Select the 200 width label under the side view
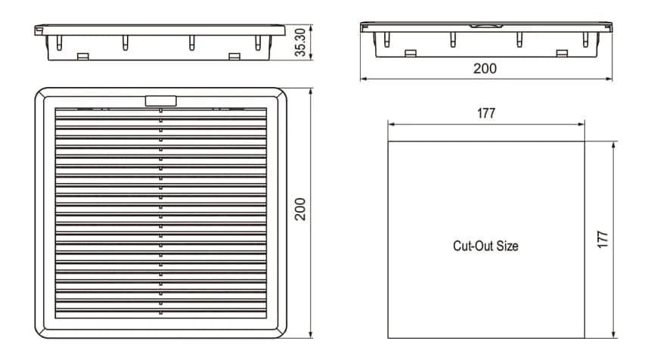coord(485,68)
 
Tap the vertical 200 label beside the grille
coord(300,209)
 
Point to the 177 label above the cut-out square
coord(486,113)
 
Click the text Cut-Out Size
coord(485,246)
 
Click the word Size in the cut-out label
coord(507,246)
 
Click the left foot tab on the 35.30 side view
coord(84,55)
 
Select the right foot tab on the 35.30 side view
coord(234,55)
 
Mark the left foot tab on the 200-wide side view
coord(411,53)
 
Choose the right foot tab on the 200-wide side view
coord(562,53)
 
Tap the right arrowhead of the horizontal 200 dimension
coord(609,78)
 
